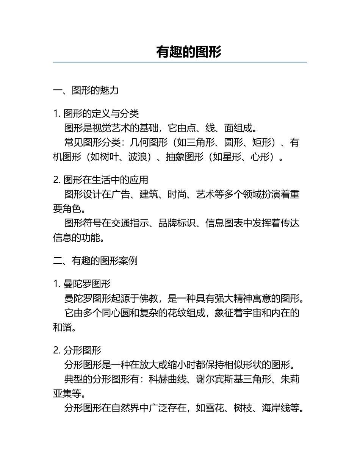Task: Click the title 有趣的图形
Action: pos(189,52)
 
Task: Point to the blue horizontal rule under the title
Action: pos(180,62)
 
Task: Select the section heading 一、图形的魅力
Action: pos(86,90)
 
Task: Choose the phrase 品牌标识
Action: pos(177,223)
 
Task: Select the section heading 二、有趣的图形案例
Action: pos(95,261)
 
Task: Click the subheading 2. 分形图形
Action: pos(77,350)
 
